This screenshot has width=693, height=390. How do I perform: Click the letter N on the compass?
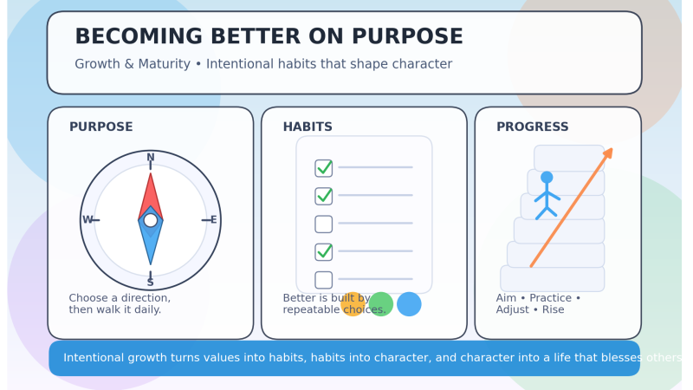pyautogui.click(x=151, y=158)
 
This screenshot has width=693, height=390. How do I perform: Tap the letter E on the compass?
pyautogui.click(x=213, y=220)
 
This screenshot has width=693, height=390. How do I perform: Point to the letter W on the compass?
pyautogui.click(x=87, y=220)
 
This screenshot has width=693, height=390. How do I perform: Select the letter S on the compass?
pyautogui.click(x=151, y=283)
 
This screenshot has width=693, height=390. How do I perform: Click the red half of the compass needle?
pyautogui.click(x=151, y=195)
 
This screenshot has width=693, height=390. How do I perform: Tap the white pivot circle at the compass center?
pyautogui.click(x=151, y=220)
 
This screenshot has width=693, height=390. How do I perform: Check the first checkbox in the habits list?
pyautogui.click(x=324, y=168)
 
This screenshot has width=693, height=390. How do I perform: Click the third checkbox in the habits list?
pyautogui.click(x=324, y=224)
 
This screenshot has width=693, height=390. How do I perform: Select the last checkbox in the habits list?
pyautogui.click(x=324, y=280)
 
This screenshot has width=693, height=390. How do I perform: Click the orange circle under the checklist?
pyautogui.click(x=353, y=304)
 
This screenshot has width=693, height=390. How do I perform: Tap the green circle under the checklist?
pyautogui.click(x=381, y=304)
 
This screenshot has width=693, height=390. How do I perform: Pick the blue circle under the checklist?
pyautogui.click(x=409, y=304)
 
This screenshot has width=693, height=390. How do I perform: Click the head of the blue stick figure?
pyautogui.click(x=547, y=178)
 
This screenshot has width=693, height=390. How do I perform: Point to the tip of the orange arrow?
pyautogui.click(x=611, y=150)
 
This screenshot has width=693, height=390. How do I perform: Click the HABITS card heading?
pyautogui.click(x=308, y=127)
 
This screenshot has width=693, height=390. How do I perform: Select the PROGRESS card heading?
pyautogui.click(x=532, y=127)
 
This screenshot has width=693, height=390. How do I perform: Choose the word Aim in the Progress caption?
pyautogui.click(x=506, y=298)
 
